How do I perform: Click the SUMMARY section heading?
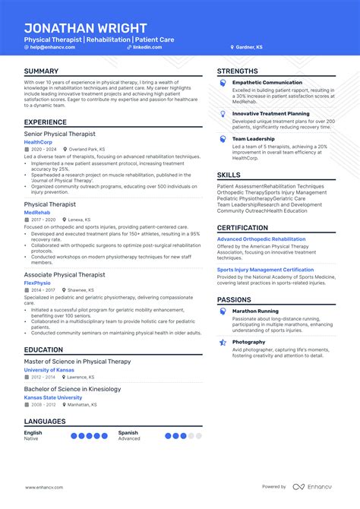[x=42, y=71]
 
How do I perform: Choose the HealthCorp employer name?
[x=38, y=142]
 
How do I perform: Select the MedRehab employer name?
[x=36, y=213]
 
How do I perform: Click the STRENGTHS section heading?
[x=238, y=71]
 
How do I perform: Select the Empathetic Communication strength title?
[x=267, y=82]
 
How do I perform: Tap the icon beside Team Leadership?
[x=223, y=139]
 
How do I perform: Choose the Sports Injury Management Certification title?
[x=265, y=270]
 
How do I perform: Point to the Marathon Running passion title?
[x=255, y=311]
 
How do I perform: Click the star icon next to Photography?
[x=223, y=343]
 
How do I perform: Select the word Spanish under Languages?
[x=128, y=432]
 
